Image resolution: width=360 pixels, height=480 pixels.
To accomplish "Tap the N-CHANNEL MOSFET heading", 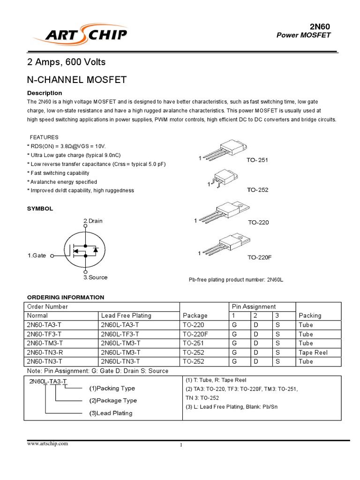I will [77, 80].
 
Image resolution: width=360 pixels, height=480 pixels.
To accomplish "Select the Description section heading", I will [45, 93].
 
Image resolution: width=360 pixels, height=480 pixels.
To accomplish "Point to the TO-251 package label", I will [257, 160].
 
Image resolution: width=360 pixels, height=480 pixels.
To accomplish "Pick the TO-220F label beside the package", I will [260, 258].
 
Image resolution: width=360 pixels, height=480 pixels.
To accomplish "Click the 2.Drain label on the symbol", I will [93, 221].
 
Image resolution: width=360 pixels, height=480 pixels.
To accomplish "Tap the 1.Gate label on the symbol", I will [37, 255].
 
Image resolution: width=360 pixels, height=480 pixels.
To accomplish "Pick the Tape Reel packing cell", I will [313, 352].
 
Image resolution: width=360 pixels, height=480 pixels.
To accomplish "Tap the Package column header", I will [195, 315].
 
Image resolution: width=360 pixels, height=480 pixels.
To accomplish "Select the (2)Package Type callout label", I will [113, 400].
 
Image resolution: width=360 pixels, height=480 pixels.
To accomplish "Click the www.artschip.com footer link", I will [47, 443].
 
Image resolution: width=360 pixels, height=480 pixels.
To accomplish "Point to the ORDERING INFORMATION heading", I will [66, 297].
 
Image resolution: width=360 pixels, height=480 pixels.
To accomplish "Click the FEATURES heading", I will [44, 137].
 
